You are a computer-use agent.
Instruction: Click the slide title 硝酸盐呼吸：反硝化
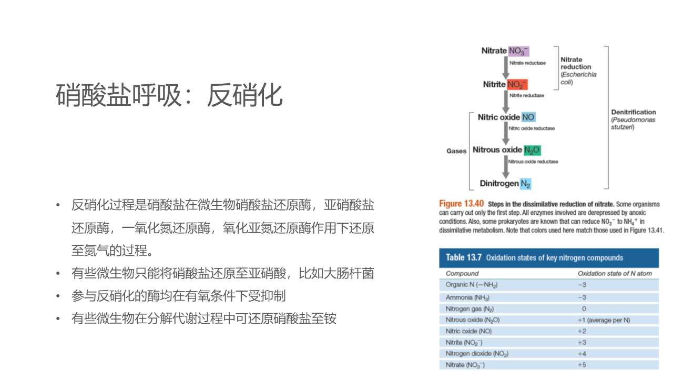(x=169, y=95)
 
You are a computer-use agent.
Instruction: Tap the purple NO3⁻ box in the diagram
(x=518, y=51)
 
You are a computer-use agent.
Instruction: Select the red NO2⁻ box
(x=517, y=84)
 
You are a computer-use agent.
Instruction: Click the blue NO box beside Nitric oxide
(x=528, y=117)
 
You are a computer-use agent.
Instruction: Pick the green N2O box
(x=533, y=150)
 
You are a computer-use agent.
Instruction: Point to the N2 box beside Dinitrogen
(x=526, y=184)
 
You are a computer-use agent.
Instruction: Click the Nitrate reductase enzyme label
(x=527, y=63)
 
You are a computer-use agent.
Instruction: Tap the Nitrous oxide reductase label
(x=533, y=162)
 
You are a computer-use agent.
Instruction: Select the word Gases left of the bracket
(x=456, y=151)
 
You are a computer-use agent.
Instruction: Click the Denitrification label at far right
(x=634, y=112)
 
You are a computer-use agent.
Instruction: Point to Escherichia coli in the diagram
(x=578, y=78)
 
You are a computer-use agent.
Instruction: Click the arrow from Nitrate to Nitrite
(x=506, y=67)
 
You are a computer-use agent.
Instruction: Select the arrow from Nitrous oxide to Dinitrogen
(x=506, y=167)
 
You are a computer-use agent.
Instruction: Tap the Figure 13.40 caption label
(x=461, y=204)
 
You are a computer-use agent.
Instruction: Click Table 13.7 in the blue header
(x=464, y=257)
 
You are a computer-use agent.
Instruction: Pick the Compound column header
(x=462, y=273)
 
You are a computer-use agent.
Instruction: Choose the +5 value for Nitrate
(x=582, y=365)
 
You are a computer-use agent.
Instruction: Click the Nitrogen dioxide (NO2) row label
(x=477, y=354)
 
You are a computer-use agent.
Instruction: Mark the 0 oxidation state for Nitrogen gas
(x=584, y=309)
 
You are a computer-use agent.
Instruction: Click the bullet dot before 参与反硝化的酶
(x=58, y=296)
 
